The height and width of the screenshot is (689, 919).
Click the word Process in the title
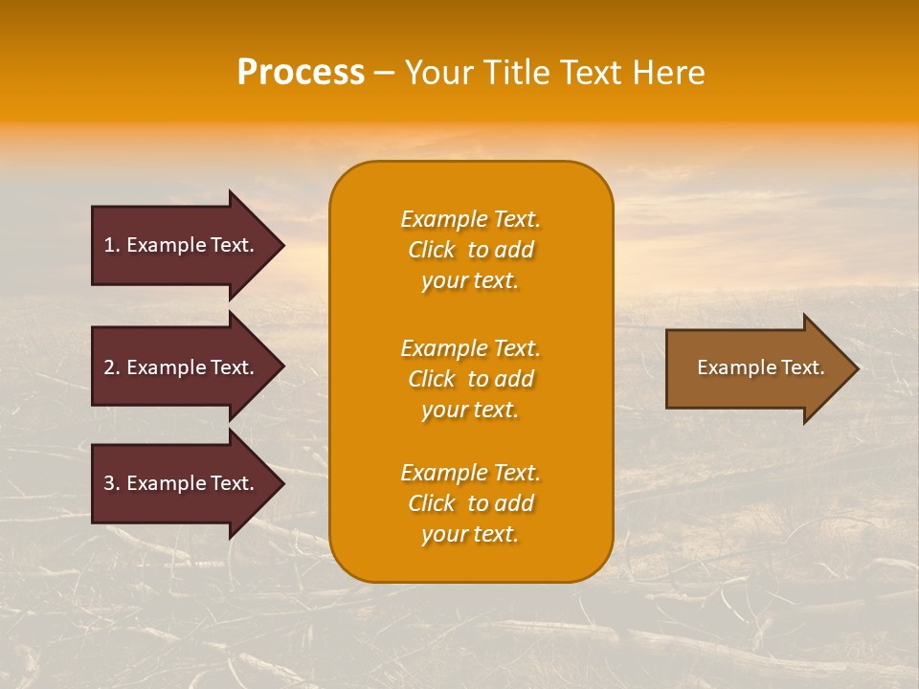pos(301,73)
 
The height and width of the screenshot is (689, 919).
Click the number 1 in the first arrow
pos(109,245)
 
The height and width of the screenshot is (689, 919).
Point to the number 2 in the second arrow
pos(109,367)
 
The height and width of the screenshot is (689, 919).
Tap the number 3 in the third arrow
pos(109,483)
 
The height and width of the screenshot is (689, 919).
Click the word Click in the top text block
pos(431,250)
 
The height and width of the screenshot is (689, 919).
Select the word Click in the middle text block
pos(431,379)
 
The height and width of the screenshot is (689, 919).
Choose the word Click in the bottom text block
pos(431,503)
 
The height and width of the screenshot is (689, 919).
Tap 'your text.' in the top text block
pos(470,281)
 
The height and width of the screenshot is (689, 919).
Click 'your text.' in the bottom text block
pos(470,535)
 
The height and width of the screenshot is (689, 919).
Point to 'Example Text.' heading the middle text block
pos(470,348)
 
